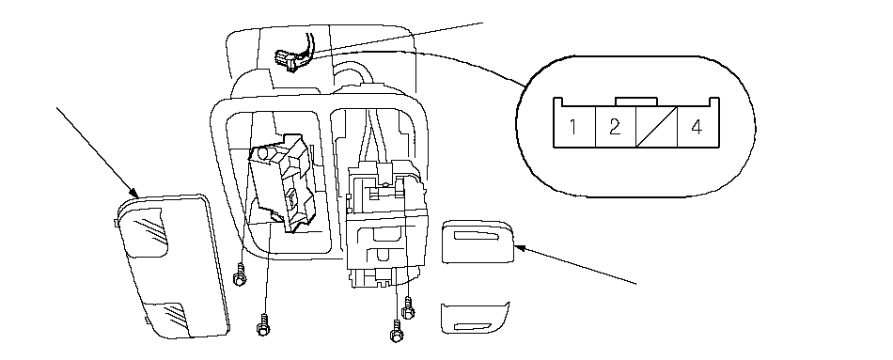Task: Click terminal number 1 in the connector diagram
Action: coord(574,127)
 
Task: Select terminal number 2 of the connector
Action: coord(615,127)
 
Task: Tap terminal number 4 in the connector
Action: coord(697,127)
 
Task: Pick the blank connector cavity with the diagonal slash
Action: coord(657,127)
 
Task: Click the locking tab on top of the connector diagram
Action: coord(636,102)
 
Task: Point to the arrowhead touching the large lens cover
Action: coord(135,193)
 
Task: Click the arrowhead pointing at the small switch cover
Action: coord(519,248)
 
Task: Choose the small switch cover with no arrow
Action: coord(474,318)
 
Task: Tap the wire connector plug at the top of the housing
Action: coord(289,60)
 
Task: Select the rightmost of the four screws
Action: coord(408,308)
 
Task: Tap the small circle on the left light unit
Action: coord(264,153)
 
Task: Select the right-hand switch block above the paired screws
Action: coord(387,222)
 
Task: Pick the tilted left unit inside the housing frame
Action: coord(283,181)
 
